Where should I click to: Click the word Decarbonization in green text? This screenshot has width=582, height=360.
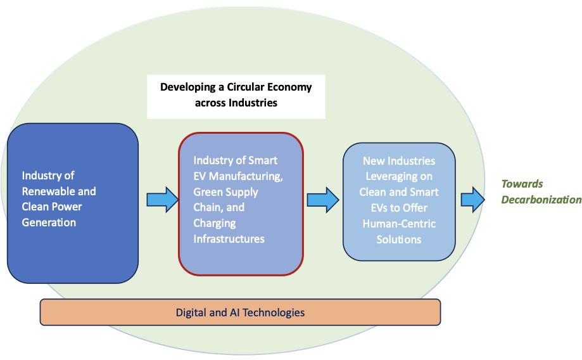[541, 200]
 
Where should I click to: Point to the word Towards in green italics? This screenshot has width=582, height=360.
[522, 184]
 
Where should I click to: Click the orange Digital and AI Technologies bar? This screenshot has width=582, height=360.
[240, 312]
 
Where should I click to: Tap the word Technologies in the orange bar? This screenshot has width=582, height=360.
[276, 312]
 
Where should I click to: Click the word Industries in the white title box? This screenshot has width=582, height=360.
[253, 103]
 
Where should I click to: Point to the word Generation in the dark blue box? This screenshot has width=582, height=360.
[49, 222]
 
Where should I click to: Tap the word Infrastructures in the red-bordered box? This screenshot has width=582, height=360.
[229, 238]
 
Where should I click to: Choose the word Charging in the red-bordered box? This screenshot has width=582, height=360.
[214, 222]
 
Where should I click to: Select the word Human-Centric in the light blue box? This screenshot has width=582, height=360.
[398, 224]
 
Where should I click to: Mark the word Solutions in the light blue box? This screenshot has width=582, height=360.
[398, 240]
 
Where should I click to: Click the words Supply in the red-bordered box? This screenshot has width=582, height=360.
[243, 191]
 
